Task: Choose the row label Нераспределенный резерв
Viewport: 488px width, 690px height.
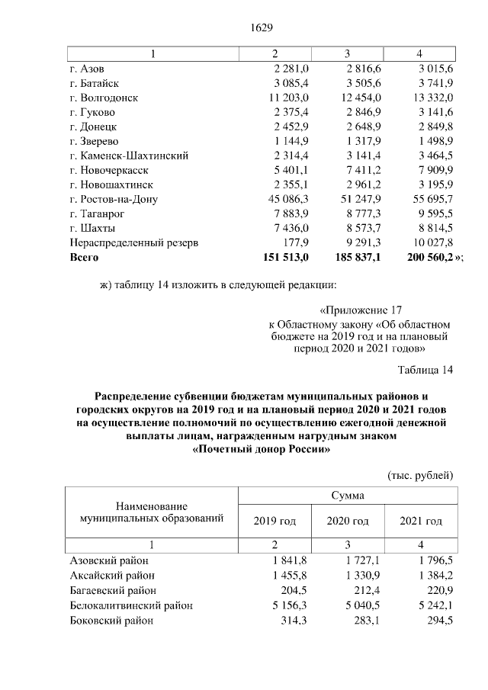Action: coord(134,242)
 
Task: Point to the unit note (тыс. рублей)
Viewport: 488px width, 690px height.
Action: coord(421,474)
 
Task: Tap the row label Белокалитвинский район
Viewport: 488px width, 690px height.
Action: coord(130,605)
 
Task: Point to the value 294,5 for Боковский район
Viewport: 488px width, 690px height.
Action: coord(440,621)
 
